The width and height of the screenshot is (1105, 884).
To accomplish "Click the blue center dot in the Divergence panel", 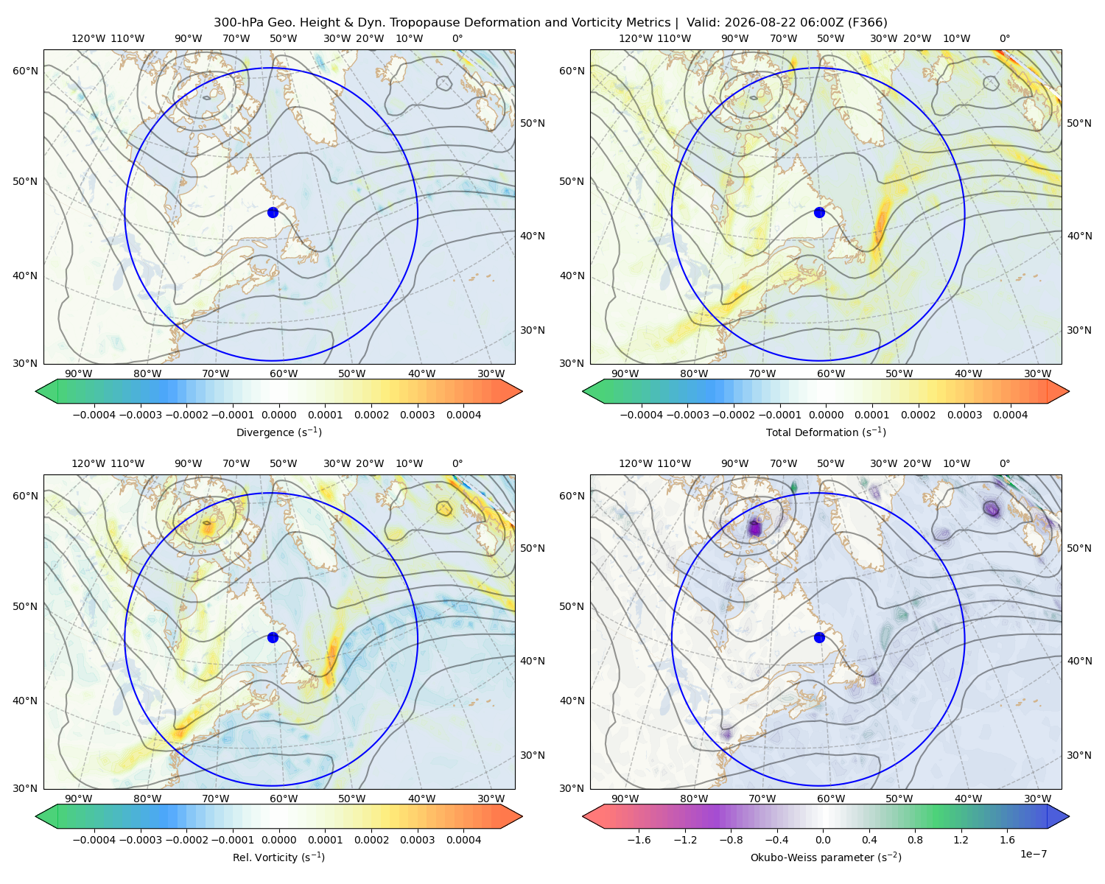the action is coord(273,213).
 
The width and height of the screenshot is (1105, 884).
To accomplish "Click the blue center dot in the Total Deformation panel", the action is coord(819,213).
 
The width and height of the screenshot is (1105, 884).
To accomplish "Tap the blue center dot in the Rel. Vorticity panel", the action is coord(273,637).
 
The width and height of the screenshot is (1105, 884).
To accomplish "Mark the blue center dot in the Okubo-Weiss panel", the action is coord(819,637).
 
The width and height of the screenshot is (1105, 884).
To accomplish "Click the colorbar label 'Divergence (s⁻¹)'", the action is coord(278,432).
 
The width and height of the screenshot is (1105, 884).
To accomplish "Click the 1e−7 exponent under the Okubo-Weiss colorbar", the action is coord(1033,855).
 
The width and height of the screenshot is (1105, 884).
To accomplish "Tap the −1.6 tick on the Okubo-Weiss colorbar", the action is coord(639,840).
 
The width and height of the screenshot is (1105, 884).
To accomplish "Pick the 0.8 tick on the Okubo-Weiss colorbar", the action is coord(915,840).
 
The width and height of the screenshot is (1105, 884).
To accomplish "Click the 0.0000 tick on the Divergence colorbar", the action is coord(278,415).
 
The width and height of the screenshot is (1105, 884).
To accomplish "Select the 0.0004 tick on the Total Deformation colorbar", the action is coord(1010,415).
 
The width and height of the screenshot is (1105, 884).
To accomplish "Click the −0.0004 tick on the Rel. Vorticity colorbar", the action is coord(94,840).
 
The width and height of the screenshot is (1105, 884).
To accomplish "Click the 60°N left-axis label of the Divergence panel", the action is coord(25,71).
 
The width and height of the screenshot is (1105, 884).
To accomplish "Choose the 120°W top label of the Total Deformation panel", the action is coord(635,38).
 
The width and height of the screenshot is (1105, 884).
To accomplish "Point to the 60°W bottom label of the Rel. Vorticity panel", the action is coord(284,799).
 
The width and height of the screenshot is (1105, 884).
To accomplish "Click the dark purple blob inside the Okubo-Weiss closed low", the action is coord(754,528).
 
